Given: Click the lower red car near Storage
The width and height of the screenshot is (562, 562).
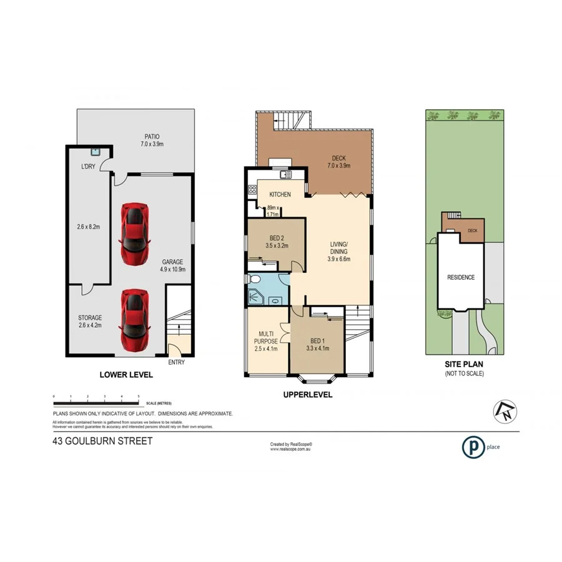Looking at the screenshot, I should click(135, 320).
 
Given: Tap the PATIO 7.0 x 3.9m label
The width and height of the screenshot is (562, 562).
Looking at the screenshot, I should click(150, 140).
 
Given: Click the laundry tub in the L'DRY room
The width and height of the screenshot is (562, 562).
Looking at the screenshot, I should click(95, 151).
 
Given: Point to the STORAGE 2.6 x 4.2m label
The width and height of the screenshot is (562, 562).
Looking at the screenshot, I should click(89, 321).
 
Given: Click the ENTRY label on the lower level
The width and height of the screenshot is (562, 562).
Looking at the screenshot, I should click(177, 362).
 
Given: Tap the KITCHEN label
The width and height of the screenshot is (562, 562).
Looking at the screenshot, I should click(280, 195).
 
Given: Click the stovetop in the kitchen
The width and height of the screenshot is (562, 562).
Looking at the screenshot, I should click(254, 190).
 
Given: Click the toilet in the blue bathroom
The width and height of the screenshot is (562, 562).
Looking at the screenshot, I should click(253, 279).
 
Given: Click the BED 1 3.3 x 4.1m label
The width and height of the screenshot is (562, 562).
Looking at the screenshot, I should click(317, 344).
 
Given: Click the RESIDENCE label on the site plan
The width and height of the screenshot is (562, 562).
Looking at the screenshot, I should click(460, 277).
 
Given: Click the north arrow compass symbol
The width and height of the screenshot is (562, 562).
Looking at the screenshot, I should click(503, 410).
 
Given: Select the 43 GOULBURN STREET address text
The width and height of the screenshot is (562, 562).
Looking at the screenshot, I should click(102, 440).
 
